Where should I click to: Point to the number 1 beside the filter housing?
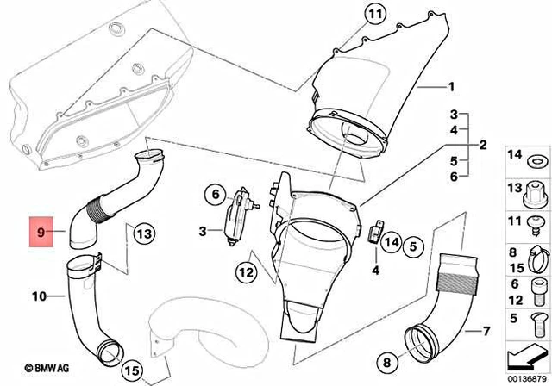click(449, 87)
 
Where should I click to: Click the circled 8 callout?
click(386, 362)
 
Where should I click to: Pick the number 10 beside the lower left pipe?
click(38, 297)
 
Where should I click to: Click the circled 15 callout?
click(131, 371)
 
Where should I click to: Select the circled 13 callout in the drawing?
click(143, 232)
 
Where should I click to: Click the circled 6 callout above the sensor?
click(212, 196)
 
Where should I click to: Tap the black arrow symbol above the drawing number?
click(525, 353)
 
